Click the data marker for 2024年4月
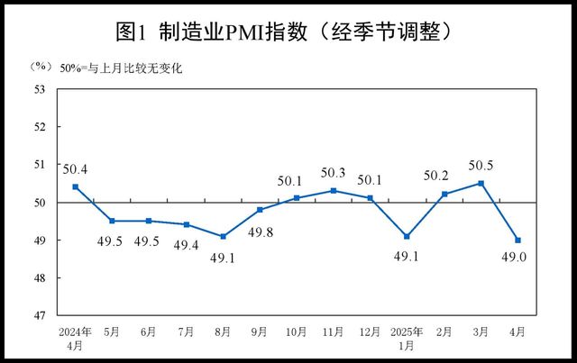76,186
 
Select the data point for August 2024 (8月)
223,236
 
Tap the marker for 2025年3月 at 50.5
481,183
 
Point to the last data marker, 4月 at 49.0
518,240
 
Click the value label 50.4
76,168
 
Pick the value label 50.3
333,173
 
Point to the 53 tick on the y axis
40,88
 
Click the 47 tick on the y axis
40,316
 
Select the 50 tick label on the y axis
40,203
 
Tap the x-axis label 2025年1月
407,337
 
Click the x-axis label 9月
260,331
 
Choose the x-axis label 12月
370,331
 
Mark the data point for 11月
334,190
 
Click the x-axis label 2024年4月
75,337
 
